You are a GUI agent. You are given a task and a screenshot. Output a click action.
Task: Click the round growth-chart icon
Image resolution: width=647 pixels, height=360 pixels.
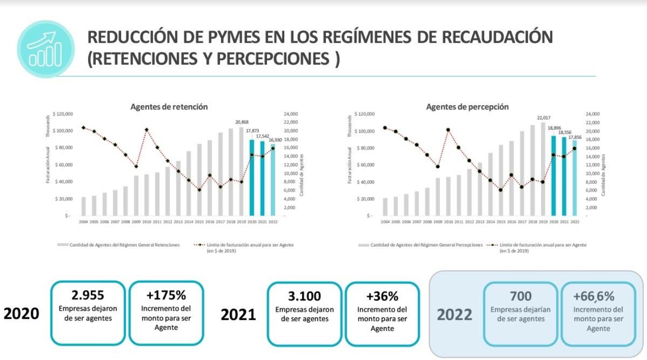[x=45, y=49]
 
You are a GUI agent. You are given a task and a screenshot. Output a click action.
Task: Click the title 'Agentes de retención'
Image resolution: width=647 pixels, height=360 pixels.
[x=169, y=107]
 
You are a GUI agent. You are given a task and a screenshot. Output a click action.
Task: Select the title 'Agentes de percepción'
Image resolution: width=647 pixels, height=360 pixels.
[x=467, y=107]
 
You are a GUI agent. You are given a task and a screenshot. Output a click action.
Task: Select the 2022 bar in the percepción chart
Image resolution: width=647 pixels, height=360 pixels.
[x=575, y=178]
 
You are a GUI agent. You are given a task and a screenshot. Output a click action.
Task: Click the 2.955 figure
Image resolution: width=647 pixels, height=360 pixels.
[x=88, y=295]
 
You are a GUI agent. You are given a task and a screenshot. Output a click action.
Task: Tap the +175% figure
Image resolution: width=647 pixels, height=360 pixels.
[x=166, y=295]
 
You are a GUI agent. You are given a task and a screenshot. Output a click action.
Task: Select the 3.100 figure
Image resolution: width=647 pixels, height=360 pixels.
[x=304, y=296]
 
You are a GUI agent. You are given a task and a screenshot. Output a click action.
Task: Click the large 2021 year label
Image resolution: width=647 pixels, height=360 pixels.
[x=238, y=315]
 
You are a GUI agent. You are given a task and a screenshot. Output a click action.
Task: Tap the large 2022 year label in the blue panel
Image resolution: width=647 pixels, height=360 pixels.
[x=454, y=315]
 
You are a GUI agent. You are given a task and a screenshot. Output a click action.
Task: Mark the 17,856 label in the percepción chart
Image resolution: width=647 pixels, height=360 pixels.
[x=575, y=137]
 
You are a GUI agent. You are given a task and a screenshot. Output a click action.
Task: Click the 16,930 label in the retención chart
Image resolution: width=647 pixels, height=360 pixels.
[x=273, y=140]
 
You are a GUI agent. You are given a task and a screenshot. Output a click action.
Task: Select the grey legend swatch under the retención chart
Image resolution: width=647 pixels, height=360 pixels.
[x=62, y=245]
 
